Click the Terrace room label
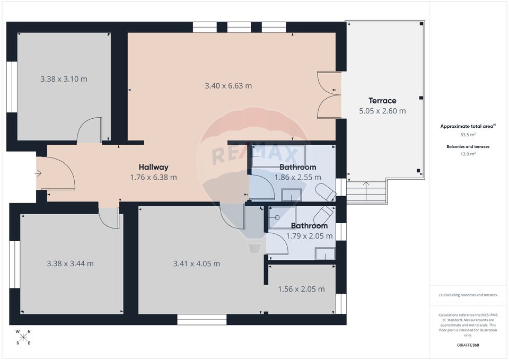(x=382, y=101)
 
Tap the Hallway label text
(x=153, y=167)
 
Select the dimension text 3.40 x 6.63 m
(x=228, y=85)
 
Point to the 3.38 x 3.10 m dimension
(x=64, y=79)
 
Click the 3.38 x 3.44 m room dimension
(x=70, y=264)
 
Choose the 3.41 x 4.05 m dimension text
(x=196, y=264)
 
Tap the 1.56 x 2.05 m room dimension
(x=301, y=289)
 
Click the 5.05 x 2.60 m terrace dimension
(x=382, y=111)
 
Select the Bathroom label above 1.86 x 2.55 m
(x=297, y=167)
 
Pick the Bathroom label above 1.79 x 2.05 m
(x=309, y=226)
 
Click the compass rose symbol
(x=23, y=337)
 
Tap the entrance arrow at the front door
(x=38, y=173)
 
